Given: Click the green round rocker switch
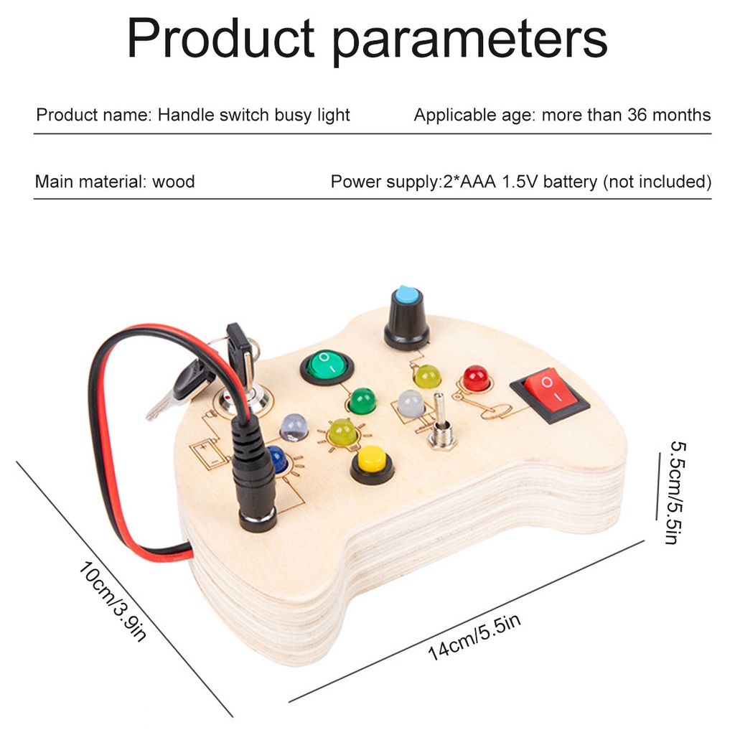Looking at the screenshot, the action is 327,366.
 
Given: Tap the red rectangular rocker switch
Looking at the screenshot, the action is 549,391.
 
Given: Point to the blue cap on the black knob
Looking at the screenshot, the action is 406,294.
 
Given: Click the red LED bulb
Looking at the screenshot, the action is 476,378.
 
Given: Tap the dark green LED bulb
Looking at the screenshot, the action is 362,401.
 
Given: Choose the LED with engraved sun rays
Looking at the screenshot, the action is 343,432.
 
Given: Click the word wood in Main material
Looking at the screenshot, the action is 173,182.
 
